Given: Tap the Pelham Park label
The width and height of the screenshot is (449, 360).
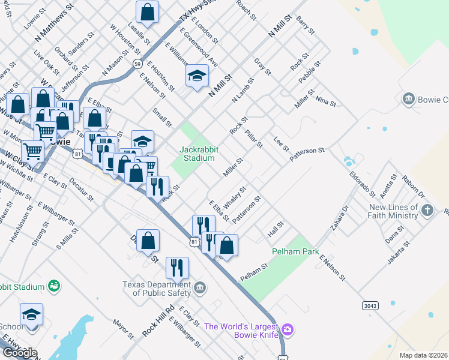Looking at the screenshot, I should pyautogui.click(x=295, y=252).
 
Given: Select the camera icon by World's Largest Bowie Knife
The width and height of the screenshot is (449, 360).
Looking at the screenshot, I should pyautogui.click(x=288, y=329).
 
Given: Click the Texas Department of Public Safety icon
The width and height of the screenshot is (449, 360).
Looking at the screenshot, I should pyautogui.click(x=200, y=289).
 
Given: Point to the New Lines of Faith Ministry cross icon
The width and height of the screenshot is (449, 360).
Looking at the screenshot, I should pyautogui.click(x=427, y=211).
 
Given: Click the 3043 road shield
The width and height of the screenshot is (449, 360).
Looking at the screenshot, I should pyautogui.click(x=370, y=305).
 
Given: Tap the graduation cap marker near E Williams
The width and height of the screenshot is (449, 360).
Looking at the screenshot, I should pyautogui.click(x=197, y=77).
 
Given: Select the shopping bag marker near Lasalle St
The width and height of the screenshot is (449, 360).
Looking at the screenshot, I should pyautogui.click(x=147, y=12).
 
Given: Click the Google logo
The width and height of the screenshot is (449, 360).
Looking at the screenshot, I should pyautogui.click(x=20, y=353).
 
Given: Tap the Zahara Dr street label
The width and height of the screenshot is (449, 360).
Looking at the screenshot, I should pyautogui.click(x=338, y=220).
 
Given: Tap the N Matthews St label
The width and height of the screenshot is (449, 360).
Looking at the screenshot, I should pyautogui.click(x=54, y=23).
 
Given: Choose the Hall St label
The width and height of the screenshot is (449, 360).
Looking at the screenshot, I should pyautogui.click(x=276, y=228).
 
